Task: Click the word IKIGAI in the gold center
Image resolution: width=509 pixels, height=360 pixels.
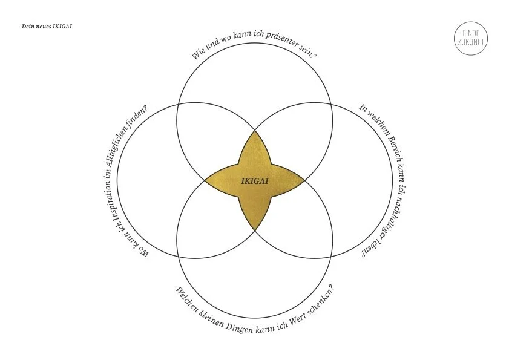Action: [254, 180]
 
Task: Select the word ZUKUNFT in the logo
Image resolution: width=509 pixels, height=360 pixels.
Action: [470, 44]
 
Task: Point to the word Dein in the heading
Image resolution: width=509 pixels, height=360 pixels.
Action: [28, 27]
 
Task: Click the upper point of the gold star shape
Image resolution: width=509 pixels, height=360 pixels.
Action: [254, 131]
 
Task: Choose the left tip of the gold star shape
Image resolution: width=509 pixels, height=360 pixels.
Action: [205, 180]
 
